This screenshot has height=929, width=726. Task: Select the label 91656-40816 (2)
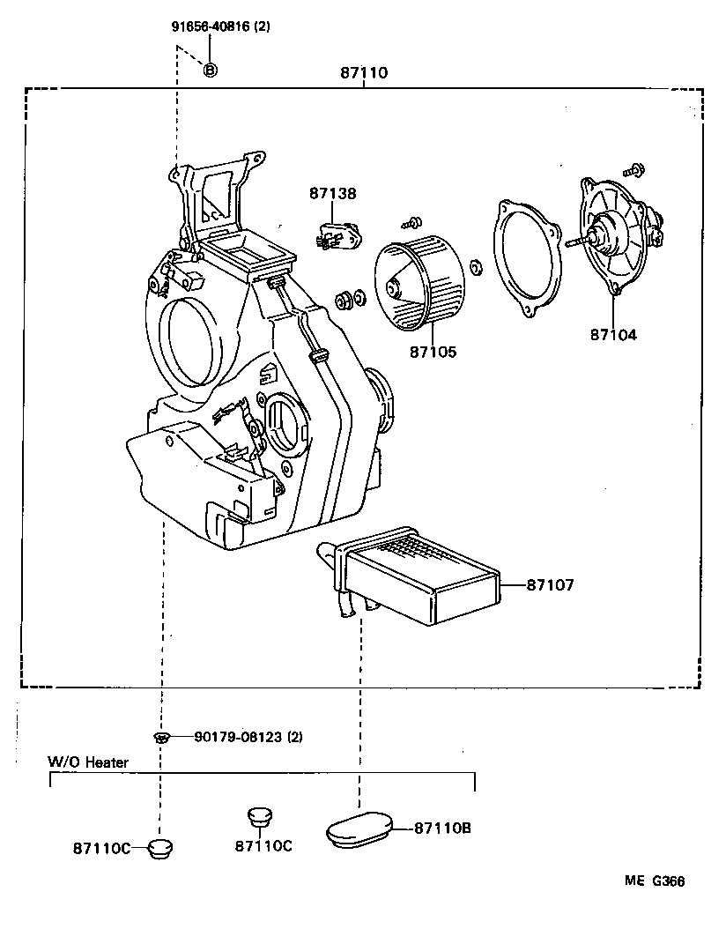tap(220, 26)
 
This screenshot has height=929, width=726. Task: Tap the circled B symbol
tap(210, 70)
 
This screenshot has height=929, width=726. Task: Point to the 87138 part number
tap(332, 193)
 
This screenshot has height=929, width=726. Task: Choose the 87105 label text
tap(433, 352)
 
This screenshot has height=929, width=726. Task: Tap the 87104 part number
tap(613, 334)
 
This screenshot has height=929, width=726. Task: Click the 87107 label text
tap(550, 584)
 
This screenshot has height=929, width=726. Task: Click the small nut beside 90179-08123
tap(160, 738)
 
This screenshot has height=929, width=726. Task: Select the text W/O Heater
tap(87, 762)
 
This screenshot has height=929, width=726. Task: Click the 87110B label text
tap(442, 828)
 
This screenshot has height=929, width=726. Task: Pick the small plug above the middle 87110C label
tap(256, 815)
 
